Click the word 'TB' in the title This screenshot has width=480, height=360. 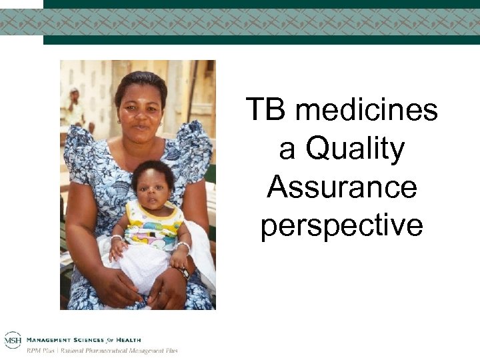click(x=265, y=110)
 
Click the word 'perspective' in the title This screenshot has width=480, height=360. click(x=341, y=226)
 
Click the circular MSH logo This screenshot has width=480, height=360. click(x=12, y=340)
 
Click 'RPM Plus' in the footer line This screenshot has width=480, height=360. click(x=41, y=350)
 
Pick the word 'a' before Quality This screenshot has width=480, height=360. click(x=287, y=149)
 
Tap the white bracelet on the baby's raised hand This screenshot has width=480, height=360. click(x=116, y=238)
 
